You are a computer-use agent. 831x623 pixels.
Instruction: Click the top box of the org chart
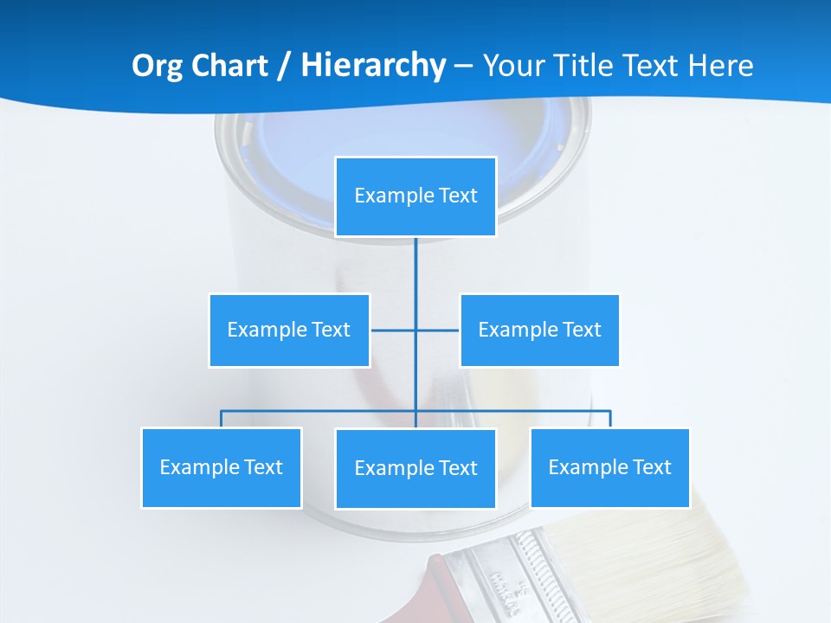coord(415,196)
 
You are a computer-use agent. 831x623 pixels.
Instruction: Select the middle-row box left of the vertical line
coord(289,331)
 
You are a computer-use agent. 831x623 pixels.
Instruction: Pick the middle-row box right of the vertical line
coord(539,331)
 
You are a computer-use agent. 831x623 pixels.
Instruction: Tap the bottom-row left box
coord(222,468)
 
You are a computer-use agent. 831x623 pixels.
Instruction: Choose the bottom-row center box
coord(415,469)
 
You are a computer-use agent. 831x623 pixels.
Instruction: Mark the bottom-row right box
coord(610,468)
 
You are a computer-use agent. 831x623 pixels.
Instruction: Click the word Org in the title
coord(157,66)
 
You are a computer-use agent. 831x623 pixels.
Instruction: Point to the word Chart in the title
coord(229,66)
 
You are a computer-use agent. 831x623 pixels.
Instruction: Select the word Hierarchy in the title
coord(373,66)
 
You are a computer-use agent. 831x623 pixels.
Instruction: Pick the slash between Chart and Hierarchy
coord(284,67)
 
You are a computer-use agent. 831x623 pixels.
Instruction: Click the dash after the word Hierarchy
coord(464,67)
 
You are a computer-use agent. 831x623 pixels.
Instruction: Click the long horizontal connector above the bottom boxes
coord(511,411)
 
